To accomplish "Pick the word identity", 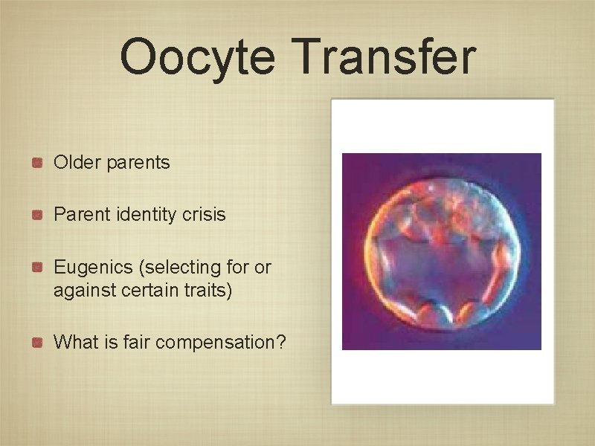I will (146, 215).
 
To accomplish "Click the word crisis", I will (203, 215).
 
